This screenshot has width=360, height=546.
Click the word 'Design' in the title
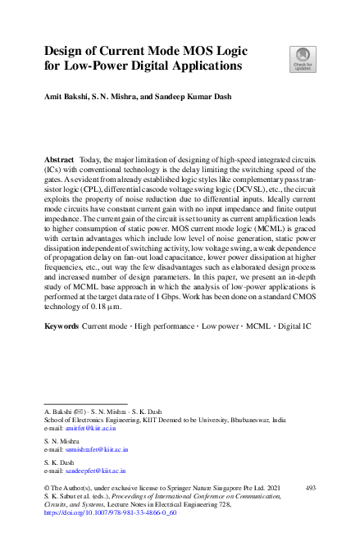pyautogui.click(x=67, y=49)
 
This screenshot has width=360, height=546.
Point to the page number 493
pyautogui.click(x=310, y=487)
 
